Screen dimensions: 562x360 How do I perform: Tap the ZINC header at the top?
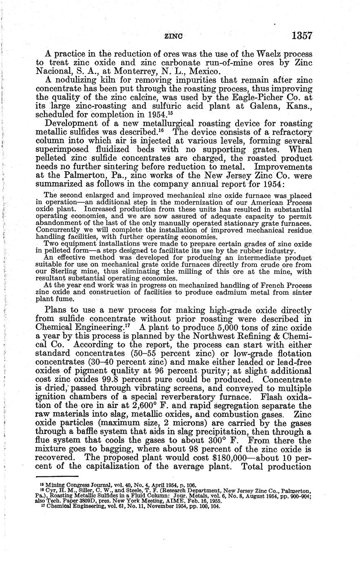[173, 36]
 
